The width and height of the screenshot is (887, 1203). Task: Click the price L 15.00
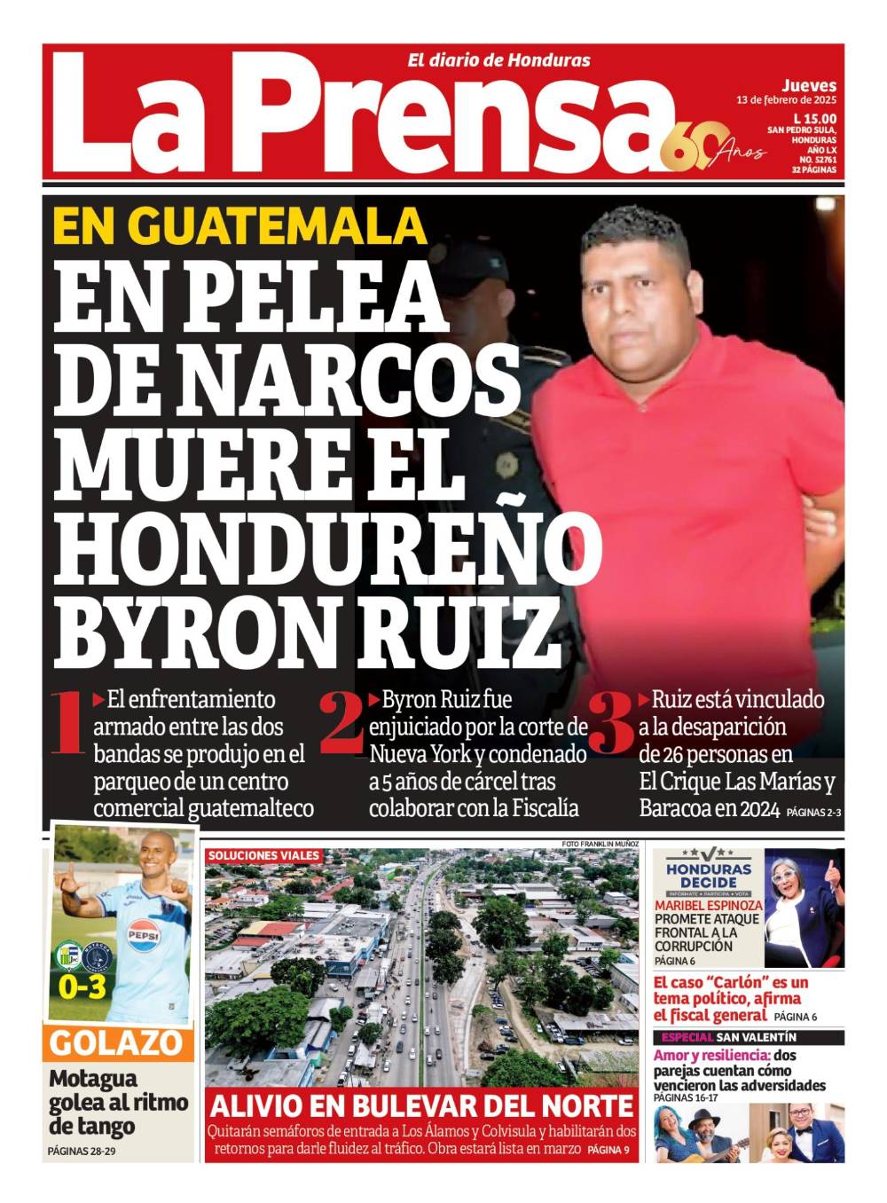[814, 118]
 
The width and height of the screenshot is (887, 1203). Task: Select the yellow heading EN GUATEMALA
[239, 225]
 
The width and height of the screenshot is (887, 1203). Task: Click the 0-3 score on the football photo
[82, 987]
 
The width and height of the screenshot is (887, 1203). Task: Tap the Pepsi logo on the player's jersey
[142, 933]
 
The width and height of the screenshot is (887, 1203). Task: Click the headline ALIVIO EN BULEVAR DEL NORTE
[421, 1105]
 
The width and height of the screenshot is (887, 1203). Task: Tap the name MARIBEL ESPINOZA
[708, 906]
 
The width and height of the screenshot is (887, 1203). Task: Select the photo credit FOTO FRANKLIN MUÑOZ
[600, 843]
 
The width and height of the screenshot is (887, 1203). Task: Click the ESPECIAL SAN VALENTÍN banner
[727, 1037]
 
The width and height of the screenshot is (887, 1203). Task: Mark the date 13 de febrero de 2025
[786, 100]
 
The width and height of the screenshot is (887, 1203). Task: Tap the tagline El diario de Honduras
[498, 60]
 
